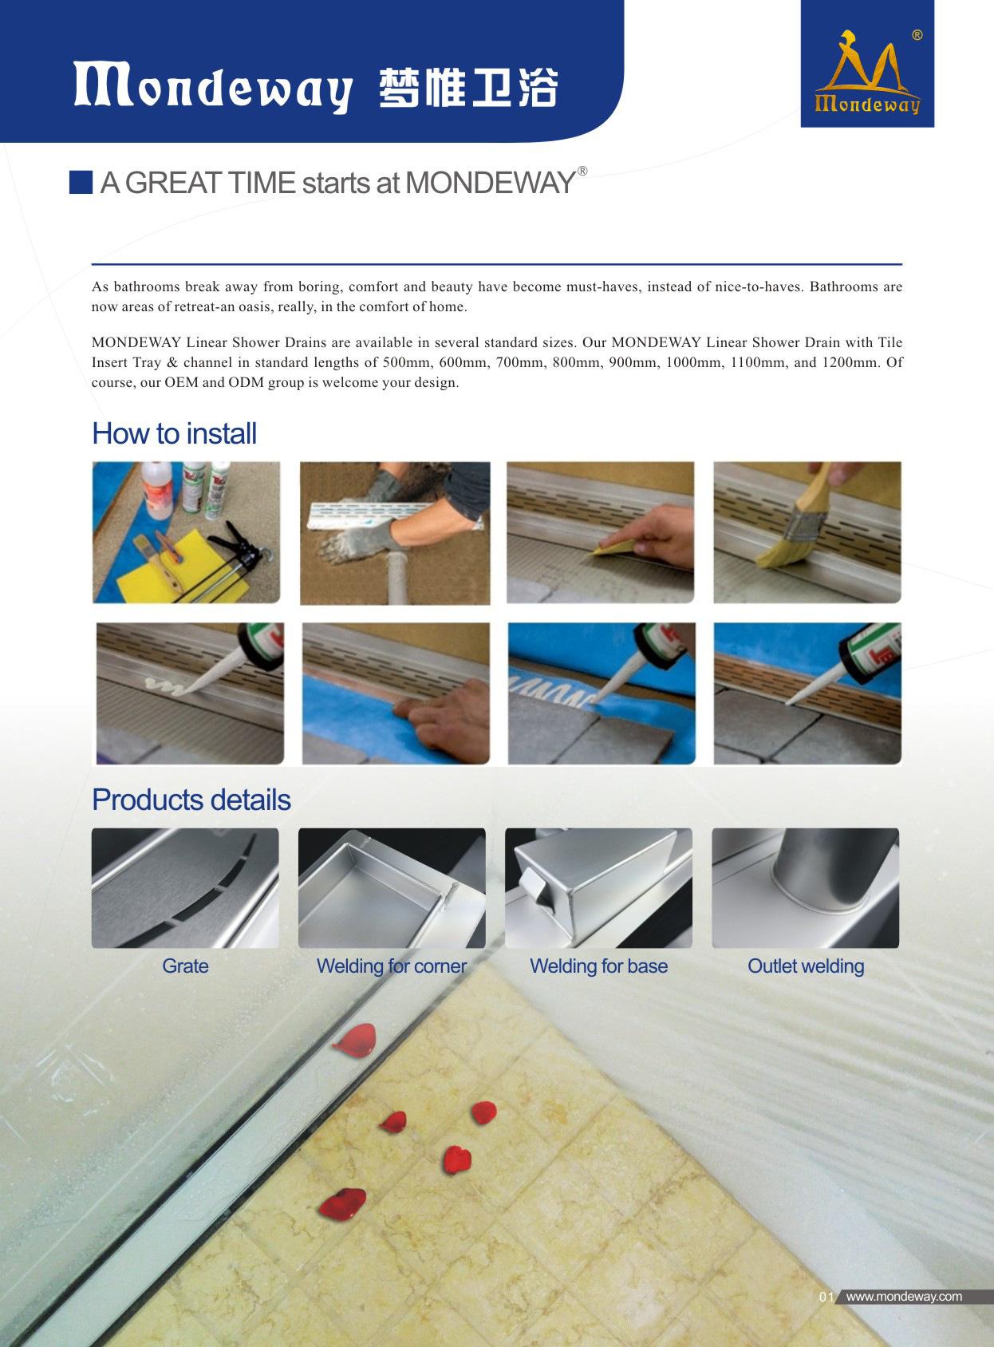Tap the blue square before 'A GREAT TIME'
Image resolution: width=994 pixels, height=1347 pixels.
pyautogui.click(x=81, y=182)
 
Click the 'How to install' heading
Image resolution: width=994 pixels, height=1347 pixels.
pyautogui.click(x=174, y=433)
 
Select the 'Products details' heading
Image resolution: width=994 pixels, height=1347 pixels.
pyautogui.click(x=191, y=800)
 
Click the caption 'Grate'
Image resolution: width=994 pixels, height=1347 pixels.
pyautogui.click(x=185, y=966)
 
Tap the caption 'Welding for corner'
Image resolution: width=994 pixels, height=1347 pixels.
pyautogui.click(x=392, y=966)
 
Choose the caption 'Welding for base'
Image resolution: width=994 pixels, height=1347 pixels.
pyautogui.click(x=598, y=966)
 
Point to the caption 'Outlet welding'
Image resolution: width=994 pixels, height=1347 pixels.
pyautogui.click(x=806, y=966)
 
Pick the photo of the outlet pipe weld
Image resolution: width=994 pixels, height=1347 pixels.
pyautogui.click(x=805, y=888)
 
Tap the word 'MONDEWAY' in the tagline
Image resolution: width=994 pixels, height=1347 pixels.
pyautogui.click(x=490, y=183)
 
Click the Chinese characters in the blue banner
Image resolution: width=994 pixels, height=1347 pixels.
pyautogui.click(x=468, y=88)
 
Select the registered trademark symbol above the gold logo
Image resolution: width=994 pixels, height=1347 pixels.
pyautogui.click(x=917, y=35)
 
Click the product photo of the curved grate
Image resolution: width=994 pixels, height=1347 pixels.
pyautogui.click(x=185, y=888)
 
